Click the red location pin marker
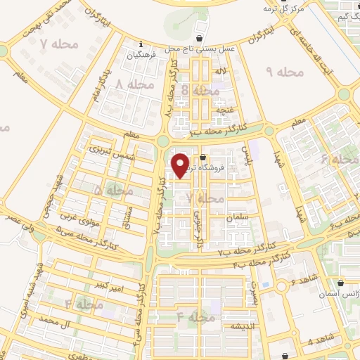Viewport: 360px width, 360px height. click(x=181, y=165)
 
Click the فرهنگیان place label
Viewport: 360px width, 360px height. click(x=141, y=53)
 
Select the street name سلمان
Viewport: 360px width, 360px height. click(x=236, y=219)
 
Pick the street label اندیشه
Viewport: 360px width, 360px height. click(x=236, y=327)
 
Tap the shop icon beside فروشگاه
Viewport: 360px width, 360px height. click(x=203, y=157)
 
